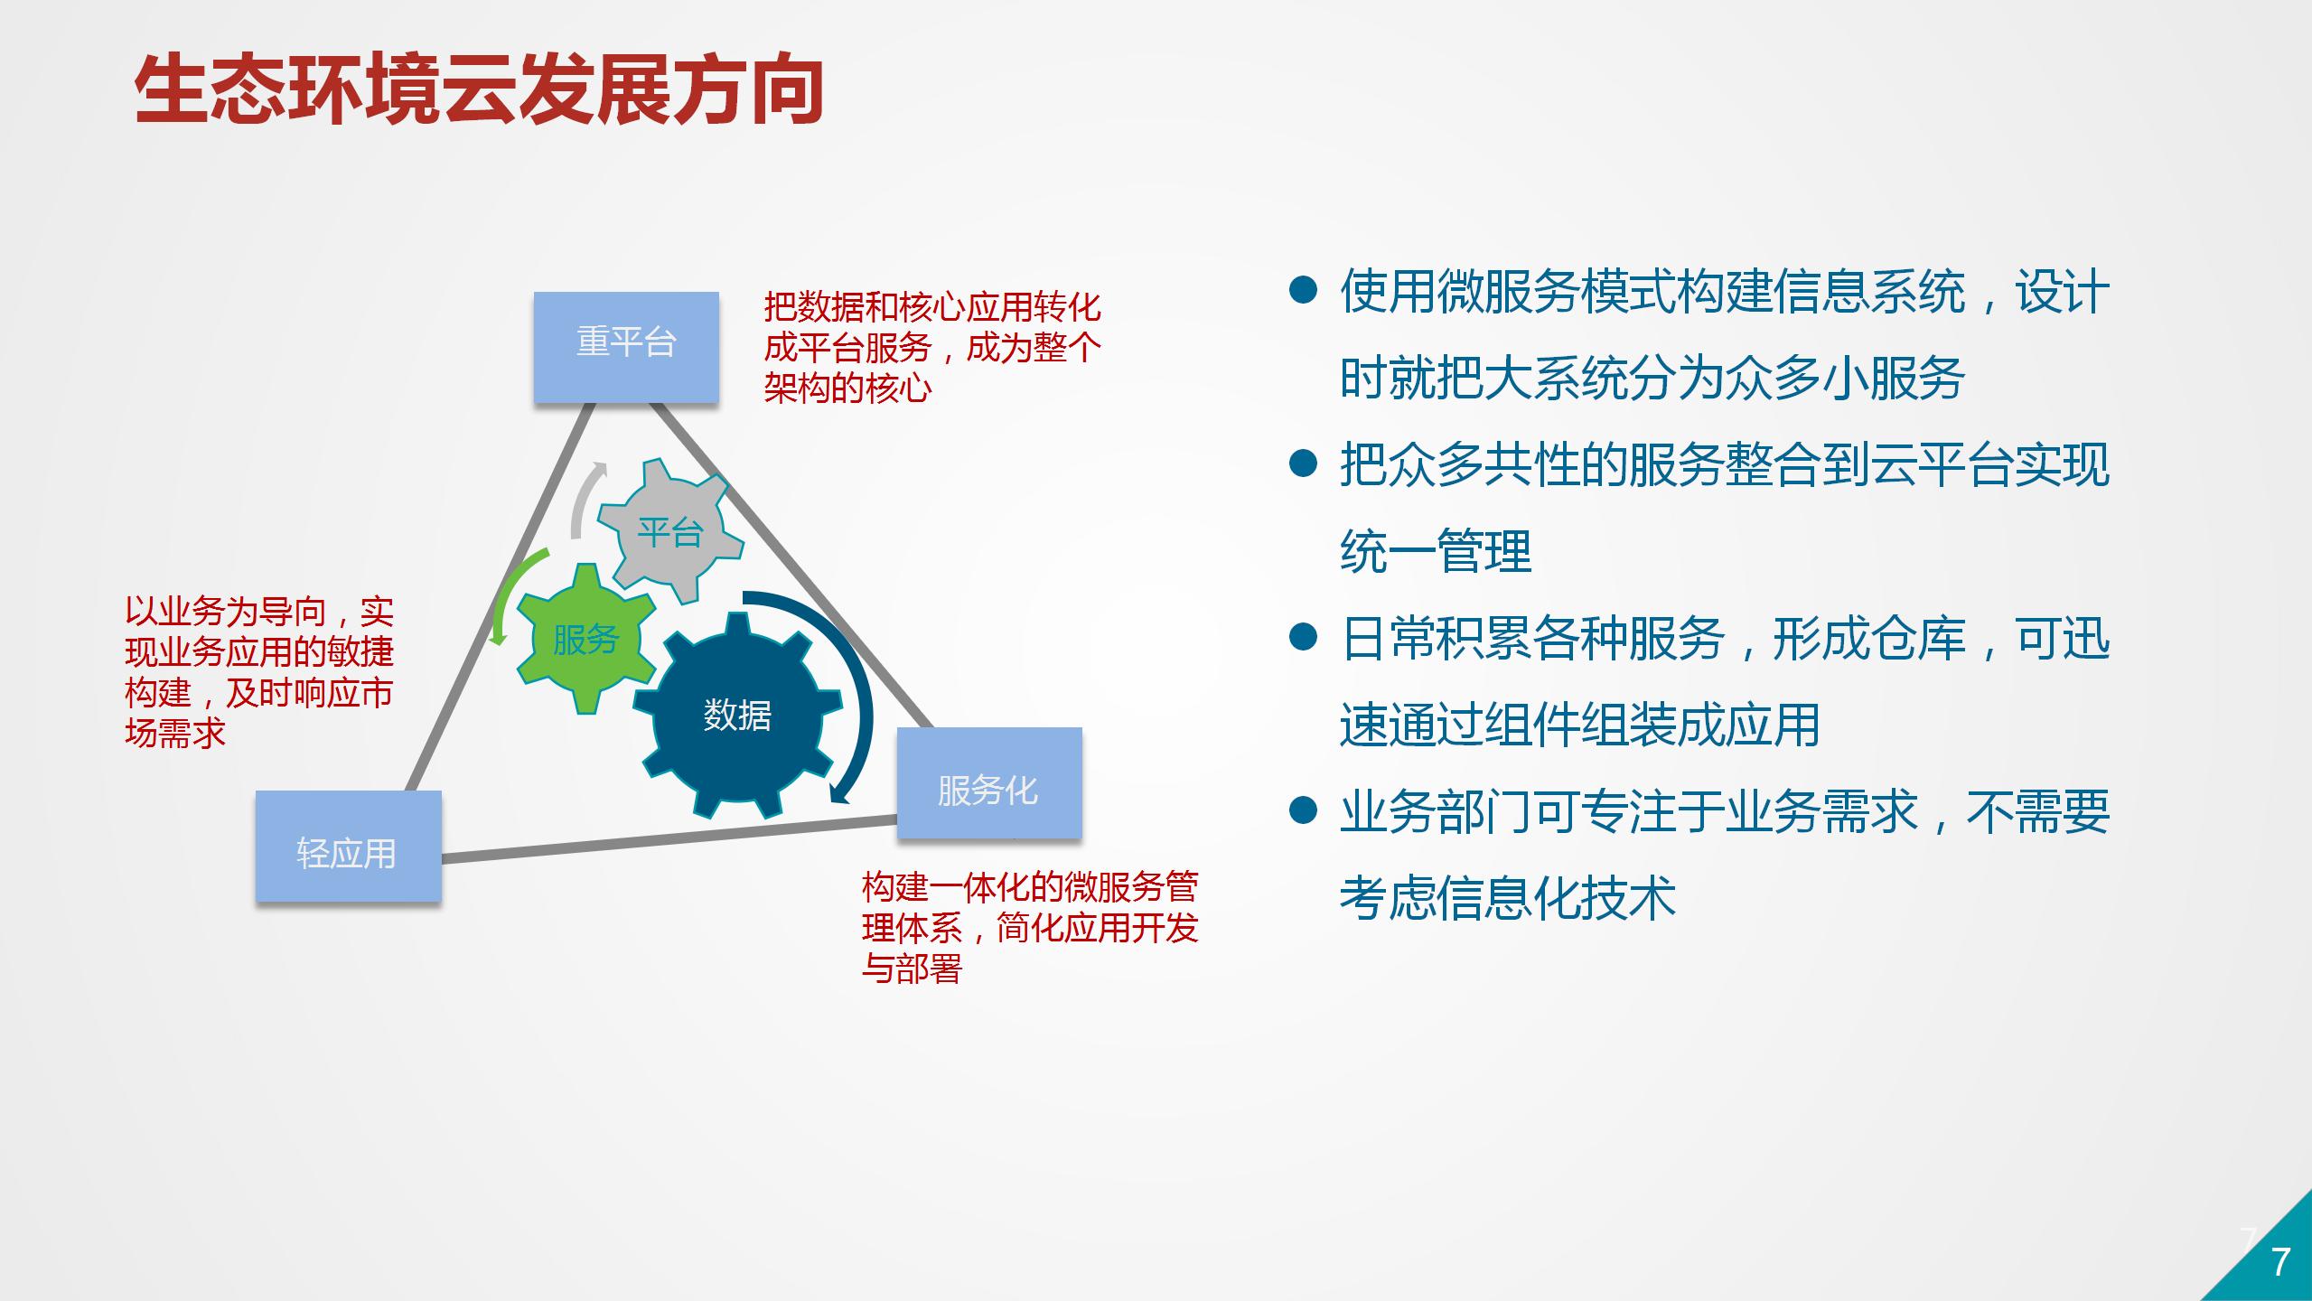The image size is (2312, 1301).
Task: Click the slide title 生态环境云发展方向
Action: click(x=479, y=90)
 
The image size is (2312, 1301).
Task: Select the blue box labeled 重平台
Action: click(x=626, y=347)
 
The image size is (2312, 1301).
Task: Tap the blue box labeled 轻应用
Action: click(x=348, y=846)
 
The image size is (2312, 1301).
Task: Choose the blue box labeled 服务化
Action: click(x=989, y=783)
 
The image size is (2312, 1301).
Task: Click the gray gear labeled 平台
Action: click(x=670, y=531)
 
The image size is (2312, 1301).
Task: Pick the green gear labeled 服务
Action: click(x=586, y=639)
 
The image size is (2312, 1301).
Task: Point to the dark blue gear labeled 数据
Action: click(x=737, y=715)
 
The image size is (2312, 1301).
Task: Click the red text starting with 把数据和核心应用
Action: click(x=932, y=348)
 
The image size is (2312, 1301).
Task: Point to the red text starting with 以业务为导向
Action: click(x=259, y=672)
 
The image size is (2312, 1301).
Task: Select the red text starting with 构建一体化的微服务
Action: click(x=1030, y=927)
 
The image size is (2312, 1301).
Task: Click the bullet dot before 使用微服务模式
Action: click(x=1303, y=290)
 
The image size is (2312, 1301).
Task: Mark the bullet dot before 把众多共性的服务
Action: click(x=1303, y=463)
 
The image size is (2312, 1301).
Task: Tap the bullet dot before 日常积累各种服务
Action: click(x=1303, y=637)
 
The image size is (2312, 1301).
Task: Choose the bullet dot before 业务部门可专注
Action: click(x=1303, y=810)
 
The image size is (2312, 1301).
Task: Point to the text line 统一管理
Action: click(x=1436, y=551)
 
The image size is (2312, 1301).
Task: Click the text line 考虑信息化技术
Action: click(x=1508, y=898)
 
